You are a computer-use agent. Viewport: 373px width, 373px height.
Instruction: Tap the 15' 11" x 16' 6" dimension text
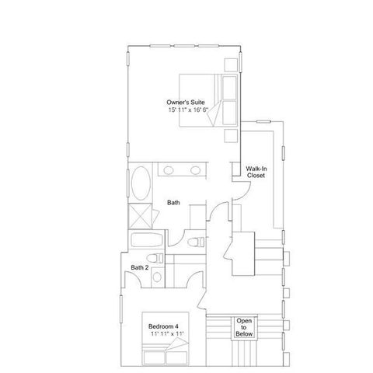(187, 111)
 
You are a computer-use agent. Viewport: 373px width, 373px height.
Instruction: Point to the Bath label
(174, 204)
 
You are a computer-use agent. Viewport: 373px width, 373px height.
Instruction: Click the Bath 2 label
(139, 268)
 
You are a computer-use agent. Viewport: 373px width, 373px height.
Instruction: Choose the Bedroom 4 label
(164, 326)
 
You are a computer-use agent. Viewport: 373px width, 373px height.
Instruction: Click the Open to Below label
(244, 327)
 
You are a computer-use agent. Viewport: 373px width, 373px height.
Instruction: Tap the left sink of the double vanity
(169, 169)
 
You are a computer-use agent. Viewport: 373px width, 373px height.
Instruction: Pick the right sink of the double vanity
(196, 169)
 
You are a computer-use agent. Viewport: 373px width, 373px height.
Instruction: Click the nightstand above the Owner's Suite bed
(231, 64)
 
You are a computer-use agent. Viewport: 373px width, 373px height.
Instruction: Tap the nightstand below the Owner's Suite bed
(231, 134)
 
